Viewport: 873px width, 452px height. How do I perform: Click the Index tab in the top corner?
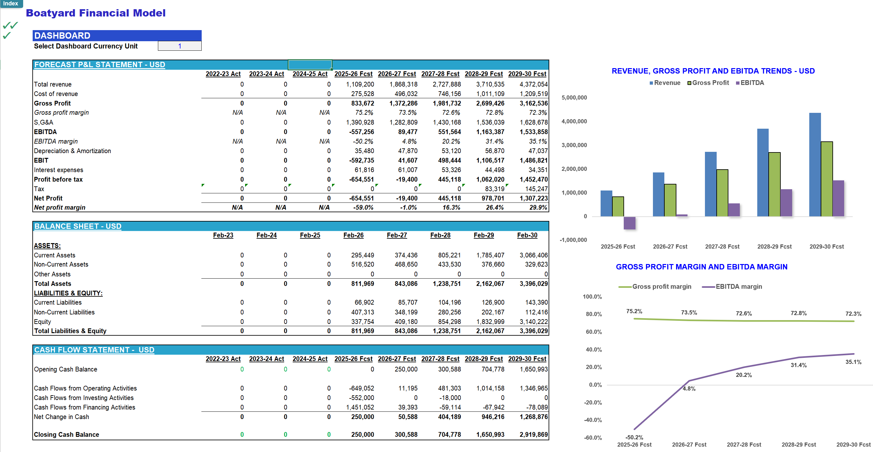coord(11,3)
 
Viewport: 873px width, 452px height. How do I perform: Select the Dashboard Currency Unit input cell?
coord(179,46)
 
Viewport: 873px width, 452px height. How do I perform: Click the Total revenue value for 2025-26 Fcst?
coord(360,84)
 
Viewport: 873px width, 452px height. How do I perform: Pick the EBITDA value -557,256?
coord(362,132)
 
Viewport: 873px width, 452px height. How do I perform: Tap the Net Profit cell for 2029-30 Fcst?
coord(534,198)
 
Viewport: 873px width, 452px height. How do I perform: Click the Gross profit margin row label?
coord(61,113)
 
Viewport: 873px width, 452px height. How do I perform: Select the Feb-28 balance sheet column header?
coord(440,235)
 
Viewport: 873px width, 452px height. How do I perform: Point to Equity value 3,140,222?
coord(534,321)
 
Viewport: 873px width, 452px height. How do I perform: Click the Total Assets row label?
coord(53,284)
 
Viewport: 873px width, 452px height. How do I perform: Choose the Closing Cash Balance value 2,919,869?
coord(534,434)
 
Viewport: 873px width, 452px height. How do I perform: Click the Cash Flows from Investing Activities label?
coord(84,398)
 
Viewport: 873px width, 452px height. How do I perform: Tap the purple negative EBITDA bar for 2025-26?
coord(629,223)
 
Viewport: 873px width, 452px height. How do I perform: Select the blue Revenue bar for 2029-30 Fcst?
coord(815,165)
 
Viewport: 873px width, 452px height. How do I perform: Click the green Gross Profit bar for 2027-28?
coord(722,193)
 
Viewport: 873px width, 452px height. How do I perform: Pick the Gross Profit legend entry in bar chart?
coord(708,83)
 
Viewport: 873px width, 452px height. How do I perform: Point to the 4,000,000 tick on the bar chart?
coord(574,121)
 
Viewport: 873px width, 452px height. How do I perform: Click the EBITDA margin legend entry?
coord(732,287)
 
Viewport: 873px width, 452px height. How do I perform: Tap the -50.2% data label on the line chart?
coord(634,437)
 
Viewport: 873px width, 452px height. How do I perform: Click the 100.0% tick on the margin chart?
coord(592,296)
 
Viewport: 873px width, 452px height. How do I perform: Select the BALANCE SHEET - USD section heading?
coord(78,226)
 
